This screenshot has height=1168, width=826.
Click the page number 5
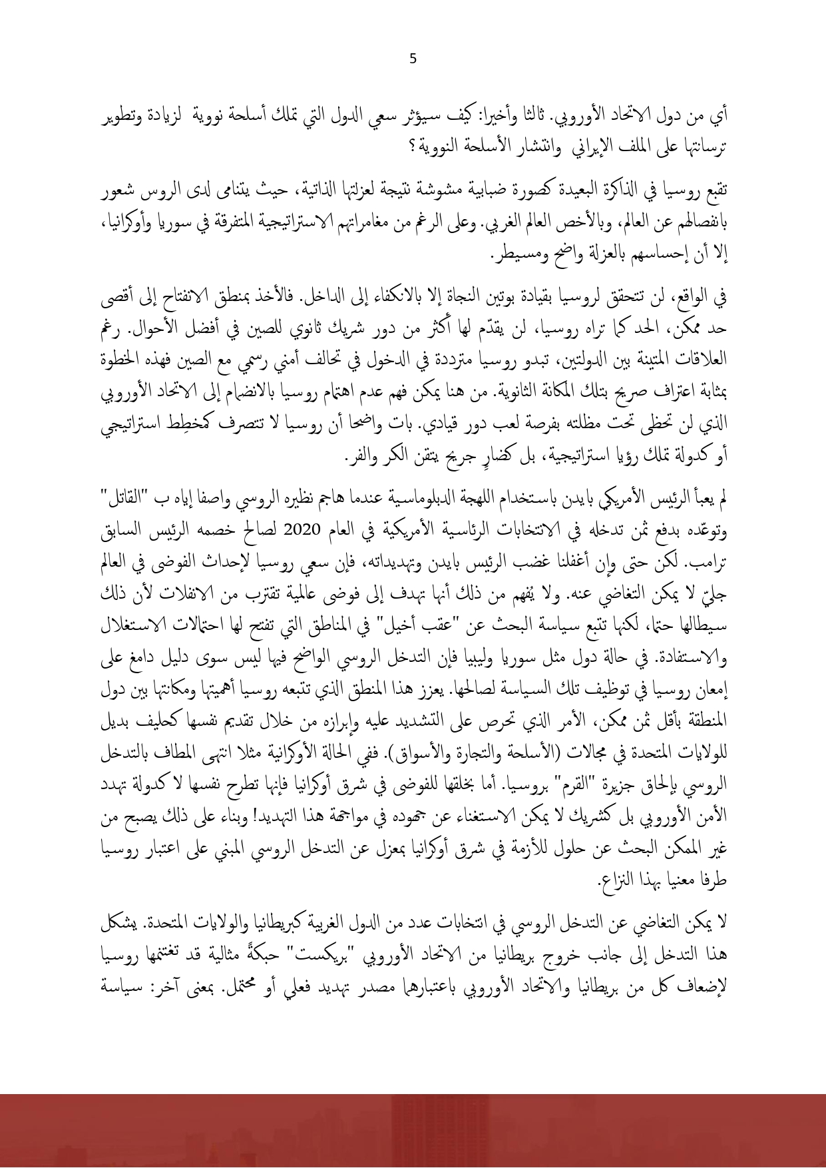pos(413,59)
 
